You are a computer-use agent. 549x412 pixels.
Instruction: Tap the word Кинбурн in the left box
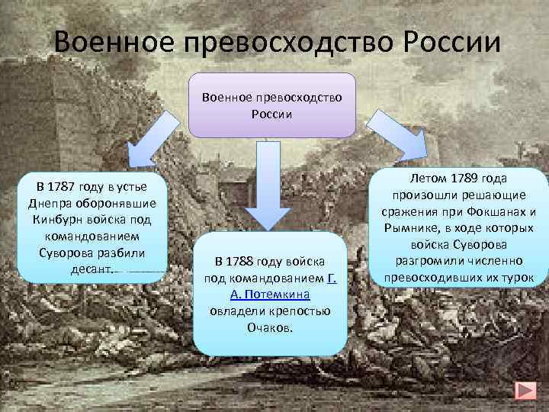pyautogui.click(x=56, y=219)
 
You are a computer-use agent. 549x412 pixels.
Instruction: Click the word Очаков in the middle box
pyautogui.click(x=270, y=327)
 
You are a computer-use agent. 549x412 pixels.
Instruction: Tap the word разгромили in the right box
pyautogui.click(x=424, y=261)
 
